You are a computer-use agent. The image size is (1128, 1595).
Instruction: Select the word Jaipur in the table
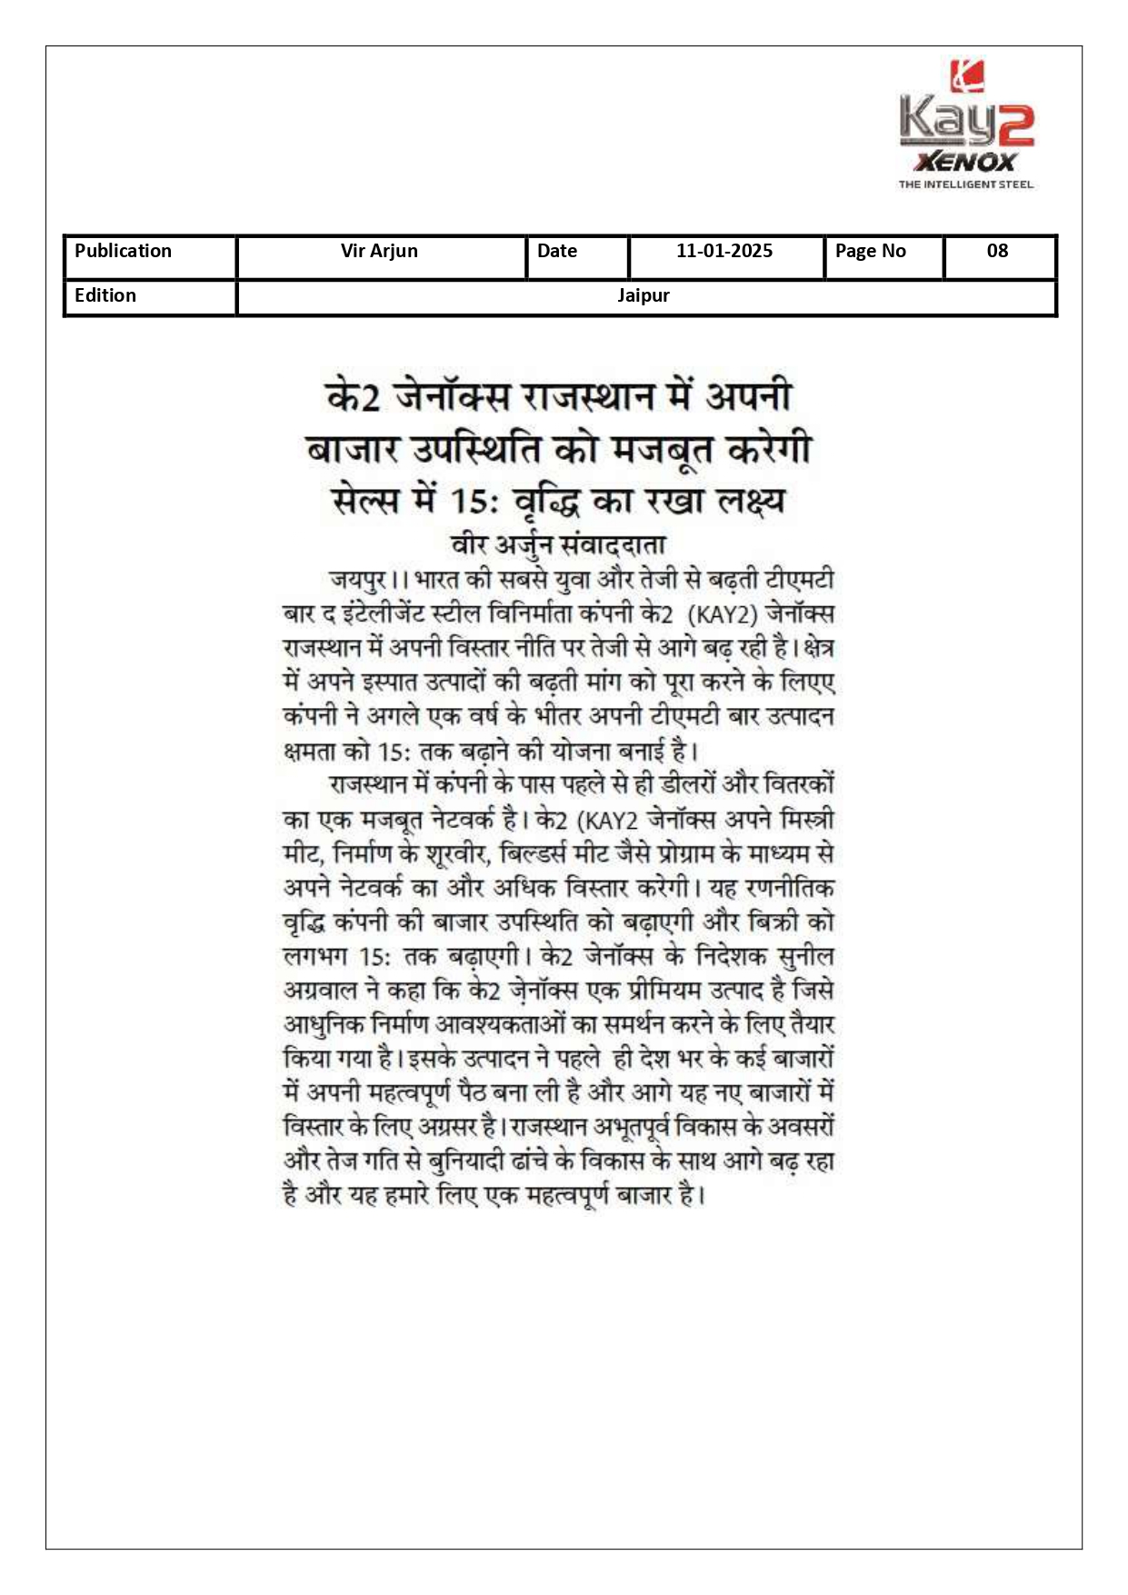[644, 296]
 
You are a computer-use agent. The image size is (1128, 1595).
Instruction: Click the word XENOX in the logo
[965, 163]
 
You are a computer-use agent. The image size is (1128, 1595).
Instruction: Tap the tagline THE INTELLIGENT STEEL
[965, 184]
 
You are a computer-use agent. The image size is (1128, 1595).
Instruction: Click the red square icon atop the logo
[967, 76]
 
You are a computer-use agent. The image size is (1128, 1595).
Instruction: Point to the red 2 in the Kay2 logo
[1012, 125]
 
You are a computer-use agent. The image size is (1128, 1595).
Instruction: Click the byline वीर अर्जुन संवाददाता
[558, 544]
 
